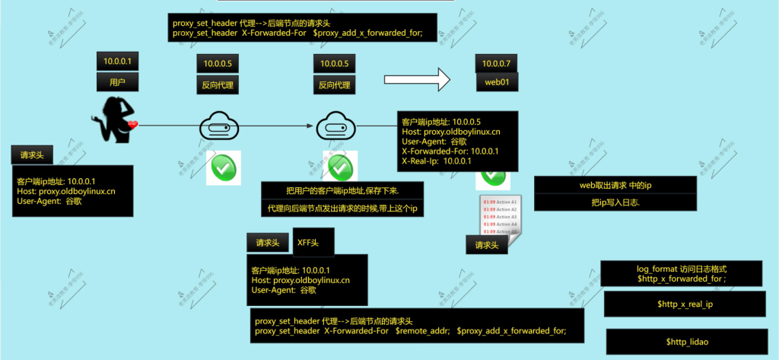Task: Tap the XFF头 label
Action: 308,242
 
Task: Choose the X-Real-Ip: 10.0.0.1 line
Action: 437,161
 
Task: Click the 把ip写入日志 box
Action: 616,202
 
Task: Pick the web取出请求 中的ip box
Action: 616,185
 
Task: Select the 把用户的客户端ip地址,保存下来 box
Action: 342,190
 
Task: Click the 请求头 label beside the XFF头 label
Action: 268,243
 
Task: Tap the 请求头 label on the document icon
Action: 487,245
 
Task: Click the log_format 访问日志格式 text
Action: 682,269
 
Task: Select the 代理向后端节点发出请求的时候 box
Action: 342,208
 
